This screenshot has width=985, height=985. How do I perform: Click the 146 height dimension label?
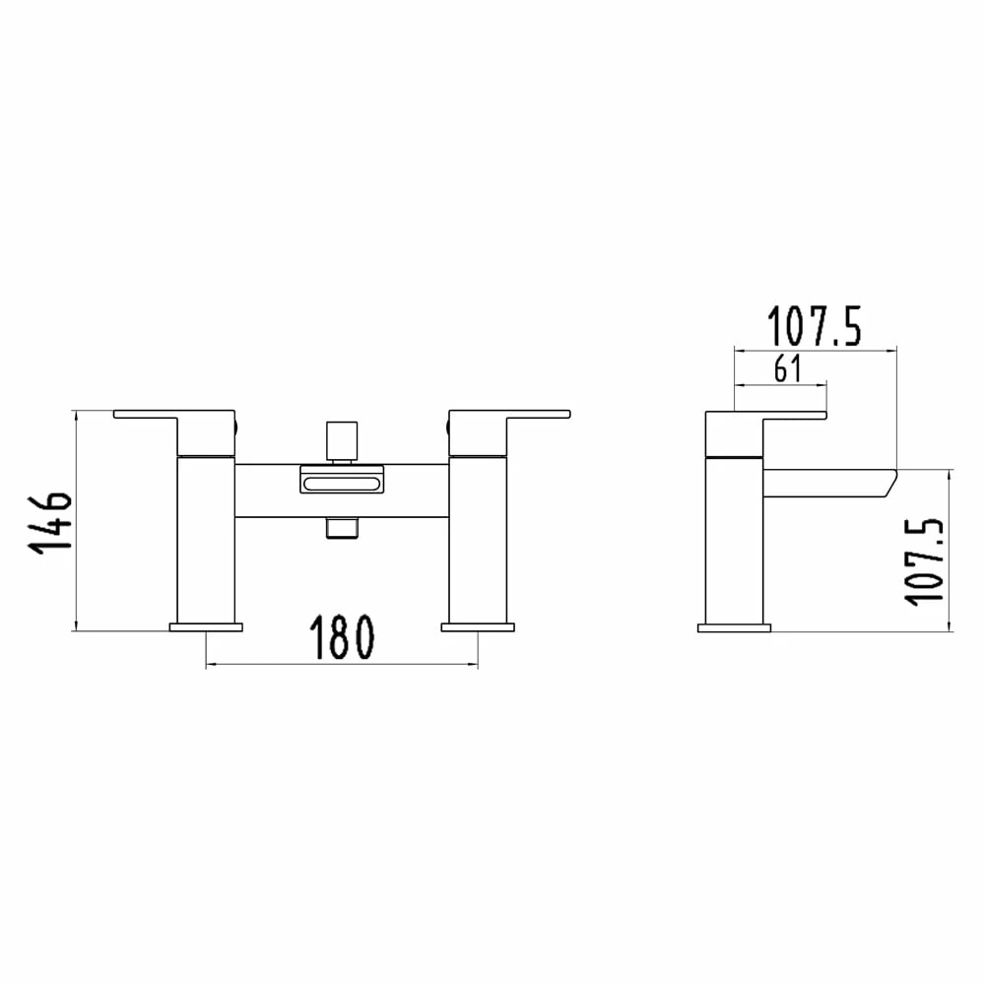coord(54,520)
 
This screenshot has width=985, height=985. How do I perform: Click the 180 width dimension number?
coord(343,638)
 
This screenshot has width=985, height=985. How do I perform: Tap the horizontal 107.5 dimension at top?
coord(815,326)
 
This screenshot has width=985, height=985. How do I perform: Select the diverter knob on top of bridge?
coord(341,443)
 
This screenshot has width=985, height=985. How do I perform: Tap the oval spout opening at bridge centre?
coord(341,483)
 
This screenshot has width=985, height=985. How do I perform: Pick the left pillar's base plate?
coord(206,626)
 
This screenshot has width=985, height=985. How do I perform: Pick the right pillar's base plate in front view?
coord(478,626)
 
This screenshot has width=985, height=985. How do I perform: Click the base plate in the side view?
coord(734,626)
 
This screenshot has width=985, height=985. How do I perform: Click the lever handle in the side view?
coord(778,415)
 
